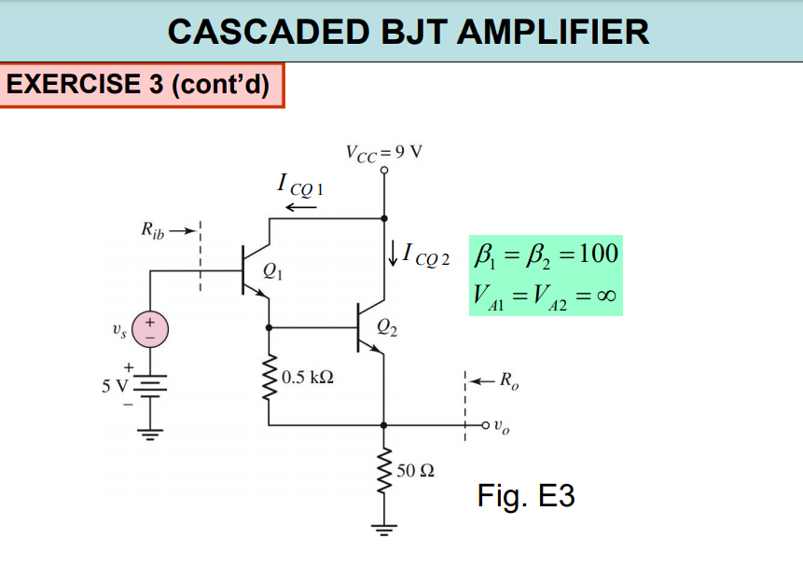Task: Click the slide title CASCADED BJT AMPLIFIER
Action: tap(408, 32)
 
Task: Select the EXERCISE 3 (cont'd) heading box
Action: tap(140, 85)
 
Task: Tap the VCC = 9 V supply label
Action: tap(383, 153)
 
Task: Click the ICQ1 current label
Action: tap(300, 185)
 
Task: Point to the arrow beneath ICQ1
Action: tap(300, 206)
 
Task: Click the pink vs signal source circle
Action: tap(150, 328)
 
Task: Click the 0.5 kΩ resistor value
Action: tap(307, 378)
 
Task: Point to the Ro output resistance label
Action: tap(505, 380)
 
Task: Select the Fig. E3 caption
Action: tap(525, 495)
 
